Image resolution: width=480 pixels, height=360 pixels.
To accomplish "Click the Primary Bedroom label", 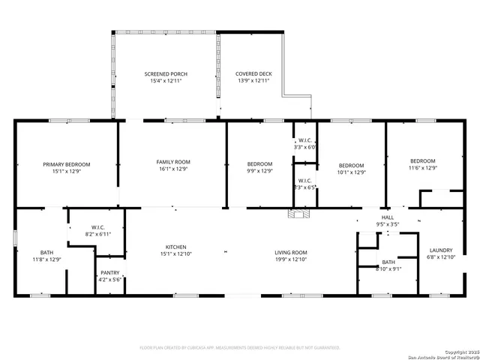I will [66, 164].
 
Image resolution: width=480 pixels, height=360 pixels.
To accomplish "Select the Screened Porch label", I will [166, 73].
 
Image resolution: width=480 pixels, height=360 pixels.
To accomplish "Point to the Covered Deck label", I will [253, 73].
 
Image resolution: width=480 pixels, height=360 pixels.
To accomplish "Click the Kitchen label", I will [176, 247].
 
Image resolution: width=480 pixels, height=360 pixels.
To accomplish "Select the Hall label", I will [387, 217].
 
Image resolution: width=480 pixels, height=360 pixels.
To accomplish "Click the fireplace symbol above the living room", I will [298, 215].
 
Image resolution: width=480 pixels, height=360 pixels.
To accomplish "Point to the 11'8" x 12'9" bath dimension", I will [47, 259].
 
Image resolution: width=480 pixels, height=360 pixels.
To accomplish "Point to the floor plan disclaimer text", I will [240, 347].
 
